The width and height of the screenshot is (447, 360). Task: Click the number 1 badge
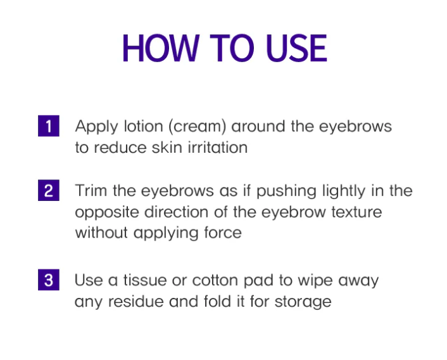pyautogui.click(x=48, y=126)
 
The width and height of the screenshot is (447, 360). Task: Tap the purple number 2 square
pyautogui.click(x=48, y=191)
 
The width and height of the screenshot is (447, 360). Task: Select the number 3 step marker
pyautogui.click(x=48, y=280)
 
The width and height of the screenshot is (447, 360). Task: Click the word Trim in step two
pyautogui.click(x=89, y=191)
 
